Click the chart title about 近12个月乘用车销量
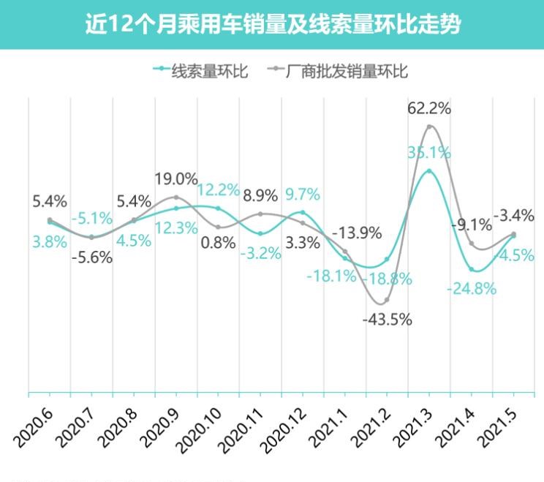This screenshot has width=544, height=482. pyautogui.click(x=272, y=24)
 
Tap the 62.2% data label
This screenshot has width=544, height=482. pyautogui.click(x=428, y=108)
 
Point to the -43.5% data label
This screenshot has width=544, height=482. pyautogui.click(x=387, y=319)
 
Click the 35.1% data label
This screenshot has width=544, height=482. pyautogui.click(x=428, y=154)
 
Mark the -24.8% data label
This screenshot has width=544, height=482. pyautogui.click(x=472, y=288)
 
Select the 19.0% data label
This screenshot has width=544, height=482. pyautogui.click(x=176, y=178)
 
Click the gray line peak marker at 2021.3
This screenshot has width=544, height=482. pyautogui.click(x=429, y=127)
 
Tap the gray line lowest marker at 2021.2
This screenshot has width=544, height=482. pyautogui.click(x=387, y=300)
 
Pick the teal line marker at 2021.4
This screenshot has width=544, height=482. pyautogui.click(x=472, y=269)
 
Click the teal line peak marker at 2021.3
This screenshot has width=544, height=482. pyautogui.click(x=429, y=171)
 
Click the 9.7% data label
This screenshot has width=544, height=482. pyautogui.click(x=303, y=195)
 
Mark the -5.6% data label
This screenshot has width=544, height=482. pyautogui.click(x=92, y=257)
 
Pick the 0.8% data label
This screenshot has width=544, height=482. pyautogui.click(x=219, y=244)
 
